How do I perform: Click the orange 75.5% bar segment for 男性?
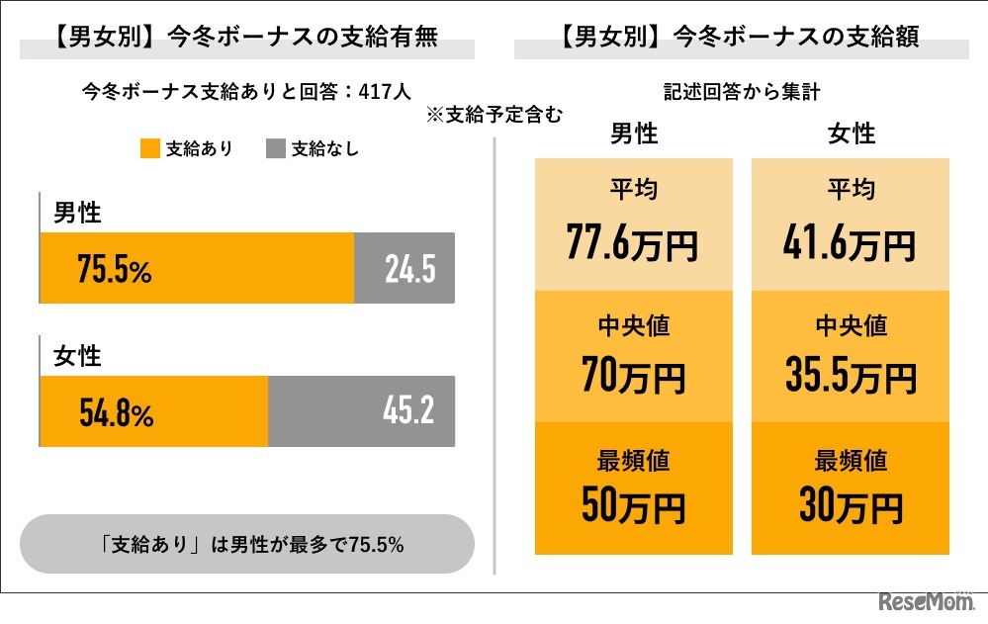click(196, 268)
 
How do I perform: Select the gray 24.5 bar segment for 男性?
click(404, 268)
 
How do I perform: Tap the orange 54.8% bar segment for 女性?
click(153, 411)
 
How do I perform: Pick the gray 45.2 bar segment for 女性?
click(361, 411)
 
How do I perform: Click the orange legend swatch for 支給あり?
click(149, 149)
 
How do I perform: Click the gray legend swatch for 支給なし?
click(276, 149)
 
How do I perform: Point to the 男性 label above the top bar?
click(76, 212)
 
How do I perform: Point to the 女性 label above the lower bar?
click(76, 355)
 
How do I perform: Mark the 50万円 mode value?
click(633, 505)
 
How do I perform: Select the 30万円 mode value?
click(851, 505)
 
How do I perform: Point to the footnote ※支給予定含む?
click(494, 115)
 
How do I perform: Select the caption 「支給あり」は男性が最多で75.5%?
click(247, 544)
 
